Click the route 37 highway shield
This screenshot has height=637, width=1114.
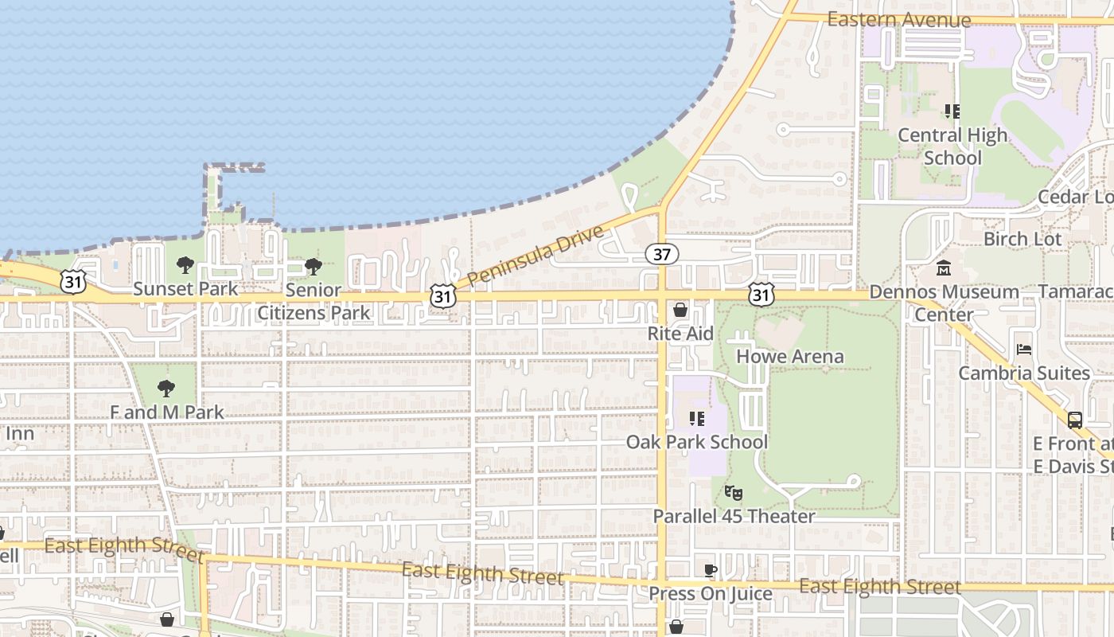point(661,254)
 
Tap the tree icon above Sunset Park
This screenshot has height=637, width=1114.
point(185,265)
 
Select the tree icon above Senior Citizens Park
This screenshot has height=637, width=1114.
point(314,266)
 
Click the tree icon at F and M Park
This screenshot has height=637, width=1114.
point(166,389)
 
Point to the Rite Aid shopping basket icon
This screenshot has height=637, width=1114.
point(680,310)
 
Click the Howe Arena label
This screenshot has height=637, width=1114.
point(789,356)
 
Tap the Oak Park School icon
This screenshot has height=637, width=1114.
point(697,418)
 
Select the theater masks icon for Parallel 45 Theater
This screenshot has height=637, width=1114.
point(733,494)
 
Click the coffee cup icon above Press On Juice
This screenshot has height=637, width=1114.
point(711,570)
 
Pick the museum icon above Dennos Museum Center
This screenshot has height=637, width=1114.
point(944,268)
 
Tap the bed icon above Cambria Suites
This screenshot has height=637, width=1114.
point(1024,350)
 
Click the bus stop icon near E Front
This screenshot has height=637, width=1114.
point(1074,420)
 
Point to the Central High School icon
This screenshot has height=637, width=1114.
point(952,111)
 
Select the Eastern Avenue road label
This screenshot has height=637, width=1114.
point(899,20)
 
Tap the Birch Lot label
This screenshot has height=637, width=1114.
point(1022,239)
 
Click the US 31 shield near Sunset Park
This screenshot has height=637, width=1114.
point(72,281)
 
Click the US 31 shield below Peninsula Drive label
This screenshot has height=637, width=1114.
point(442,295)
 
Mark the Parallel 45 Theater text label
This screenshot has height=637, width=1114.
point(734,516)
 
